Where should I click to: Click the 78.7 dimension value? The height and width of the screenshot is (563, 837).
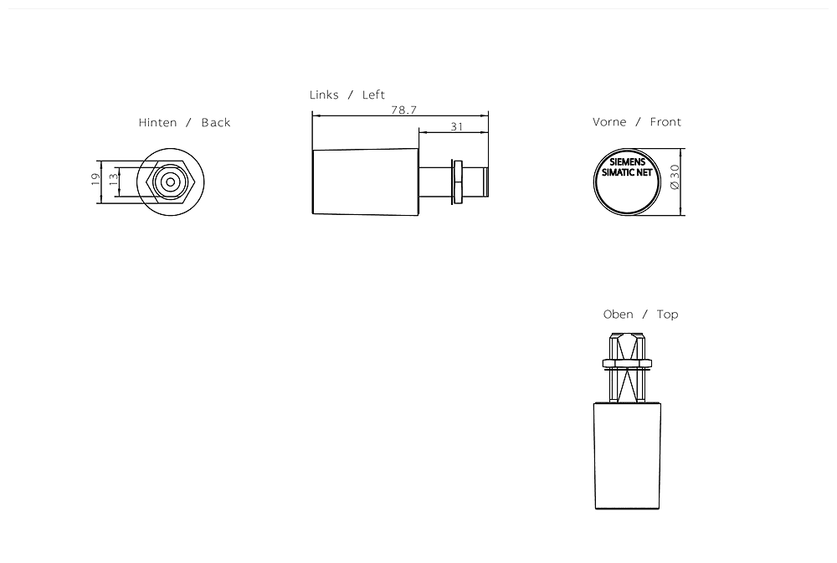403,110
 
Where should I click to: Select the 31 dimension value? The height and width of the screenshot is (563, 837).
456,126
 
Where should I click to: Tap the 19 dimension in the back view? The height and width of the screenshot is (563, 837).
96,178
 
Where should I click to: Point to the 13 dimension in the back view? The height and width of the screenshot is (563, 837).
112,180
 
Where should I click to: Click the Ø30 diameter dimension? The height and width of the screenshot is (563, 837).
675,177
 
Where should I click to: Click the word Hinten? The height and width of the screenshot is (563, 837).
157,123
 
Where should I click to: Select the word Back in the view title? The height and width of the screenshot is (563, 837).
215,123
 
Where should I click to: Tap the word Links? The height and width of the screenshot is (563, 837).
324,95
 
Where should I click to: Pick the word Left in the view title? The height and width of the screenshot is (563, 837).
373,95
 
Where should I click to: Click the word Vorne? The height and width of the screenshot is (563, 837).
609,122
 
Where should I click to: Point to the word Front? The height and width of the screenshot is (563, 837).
665,122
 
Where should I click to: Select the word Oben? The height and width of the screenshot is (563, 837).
618,315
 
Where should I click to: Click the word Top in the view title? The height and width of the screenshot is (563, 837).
667,315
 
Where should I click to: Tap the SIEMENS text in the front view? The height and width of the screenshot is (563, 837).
627,161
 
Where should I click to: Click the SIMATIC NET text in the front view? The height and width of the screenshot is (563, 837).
627,172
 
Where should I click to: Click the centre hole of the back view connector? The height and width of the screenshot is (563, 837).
170,181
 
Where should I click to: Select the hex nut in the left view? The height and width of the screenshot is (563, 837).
457,181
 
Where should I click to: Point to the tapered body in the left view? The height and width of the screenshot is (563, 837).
366,181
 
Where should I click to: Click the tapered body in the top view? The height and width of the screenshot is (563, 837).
626,456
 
